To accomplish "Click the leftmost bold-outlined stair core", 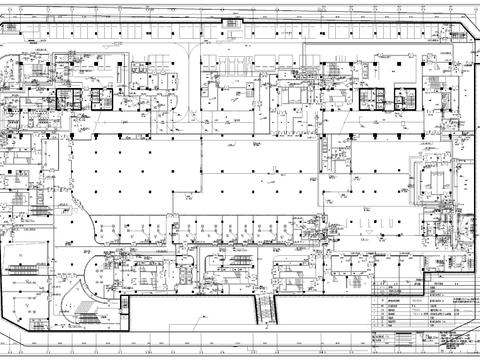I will tap(69, 99).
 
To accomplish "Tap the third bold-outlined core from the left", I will tap(371, 99).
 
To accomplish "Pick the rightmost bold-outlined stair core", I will tap(405, 99).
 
